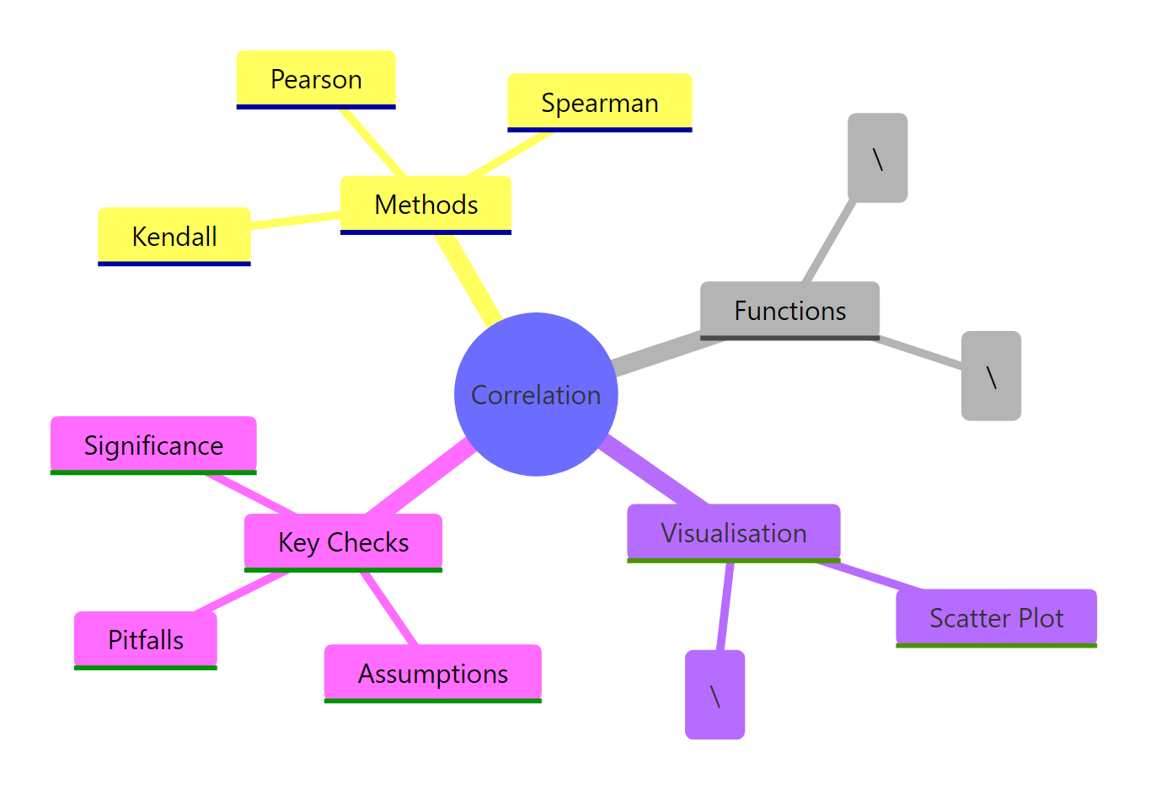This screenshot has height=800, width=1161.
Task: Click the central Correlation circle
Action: click(536, 394)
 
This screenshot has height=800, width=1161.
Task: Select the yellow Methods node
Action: click(425, 205)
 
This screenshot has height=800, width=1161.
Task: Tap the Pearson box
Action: click(316, 79)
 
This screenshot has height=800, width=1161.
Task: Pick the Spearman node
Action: click(599, 103)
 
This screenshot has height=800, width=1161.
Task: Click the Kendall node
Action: click(174, 237)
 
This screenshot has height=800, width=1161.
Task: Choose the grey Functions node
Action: click(789, 311)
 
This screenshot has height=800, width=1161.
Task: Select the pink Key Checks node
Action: click(343, 542)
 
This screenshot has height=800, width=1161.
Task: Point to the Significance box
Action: click(153, 445)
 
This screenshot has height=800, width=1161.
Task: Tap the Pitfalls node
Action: click(146, 640)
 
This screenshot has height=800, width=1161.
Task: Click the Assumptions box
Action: click(433, 674)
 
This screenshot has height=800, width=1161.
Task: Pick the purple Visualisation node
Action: click(733, 533)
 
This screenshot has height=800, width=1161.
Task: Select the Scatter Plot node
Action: click(996, 618)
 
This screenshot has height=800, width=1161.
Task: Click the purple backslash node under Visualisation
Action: click(714, 695)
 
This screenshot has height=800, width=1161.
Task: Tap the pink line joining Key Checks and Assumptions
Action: click(389, 608)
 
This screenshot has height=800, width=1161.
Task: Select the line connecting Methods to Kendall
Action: click(295, 220)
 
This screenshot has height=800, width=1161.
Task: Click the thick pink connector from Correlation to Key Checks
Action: click(419, 478)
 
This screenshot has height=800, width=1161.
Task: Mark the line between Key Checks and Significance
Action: click(252, 493)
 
